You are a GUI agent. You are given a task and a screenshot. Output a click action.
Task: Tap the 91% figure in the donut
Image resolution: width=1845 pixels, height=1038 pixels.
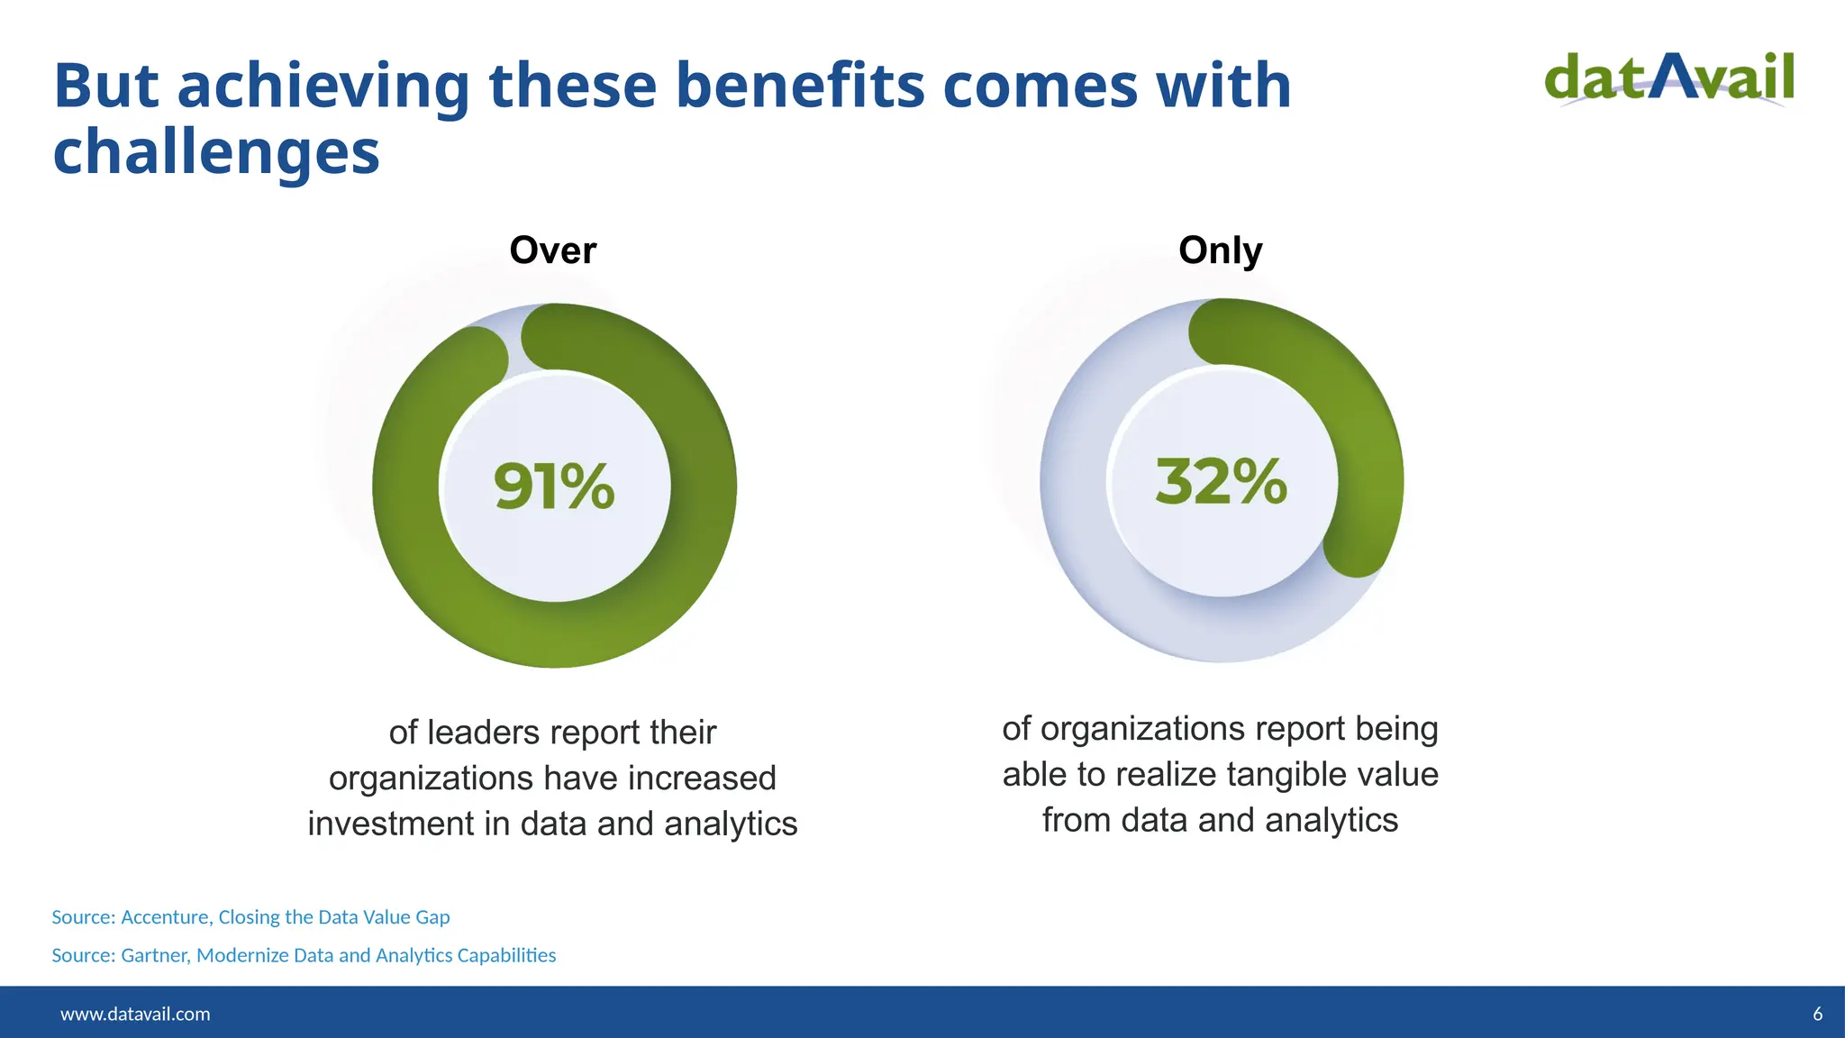(554, 487)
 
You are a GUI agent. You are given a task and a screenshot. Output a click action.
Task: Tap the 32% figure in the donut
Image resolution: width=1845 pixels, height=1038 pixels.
(1222, 482)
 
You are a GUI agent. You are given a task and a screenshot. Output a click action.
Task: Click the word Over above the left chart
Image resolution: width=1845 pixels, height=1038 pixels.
(552, 250)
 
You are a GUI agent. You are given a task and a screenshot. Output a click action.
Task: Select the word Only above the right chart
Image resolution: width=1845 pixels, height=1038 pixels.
(1220, 250)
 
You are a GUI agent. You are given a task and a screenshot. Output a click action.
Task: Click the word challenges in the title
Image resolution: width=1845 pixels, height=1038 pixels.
(216, 151)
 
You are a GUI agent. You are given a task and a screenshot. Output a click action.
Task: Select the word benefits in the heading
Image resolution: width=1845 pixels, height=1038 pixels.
(800, 86)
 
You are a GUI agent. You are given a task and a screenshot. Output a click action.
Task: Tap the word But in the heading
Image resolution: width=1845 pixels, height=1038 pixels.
(106, 86)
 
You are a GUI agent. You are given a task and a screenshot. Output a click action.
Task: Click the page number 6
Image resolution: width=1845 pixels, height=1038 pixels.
(1817, 1014)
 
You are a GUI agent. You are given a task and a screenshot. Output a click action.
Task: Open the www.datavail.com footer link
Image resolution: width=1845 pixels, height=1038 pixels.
(135, 1014)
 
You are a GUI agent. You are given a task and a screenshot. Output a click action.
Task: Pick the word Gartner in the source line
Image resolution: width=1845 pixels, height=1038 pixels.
(155, 955)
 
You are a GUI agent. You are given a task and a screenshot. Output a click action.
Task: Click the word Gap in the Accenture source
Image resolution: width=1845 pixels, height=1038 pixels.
(432, 917)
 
